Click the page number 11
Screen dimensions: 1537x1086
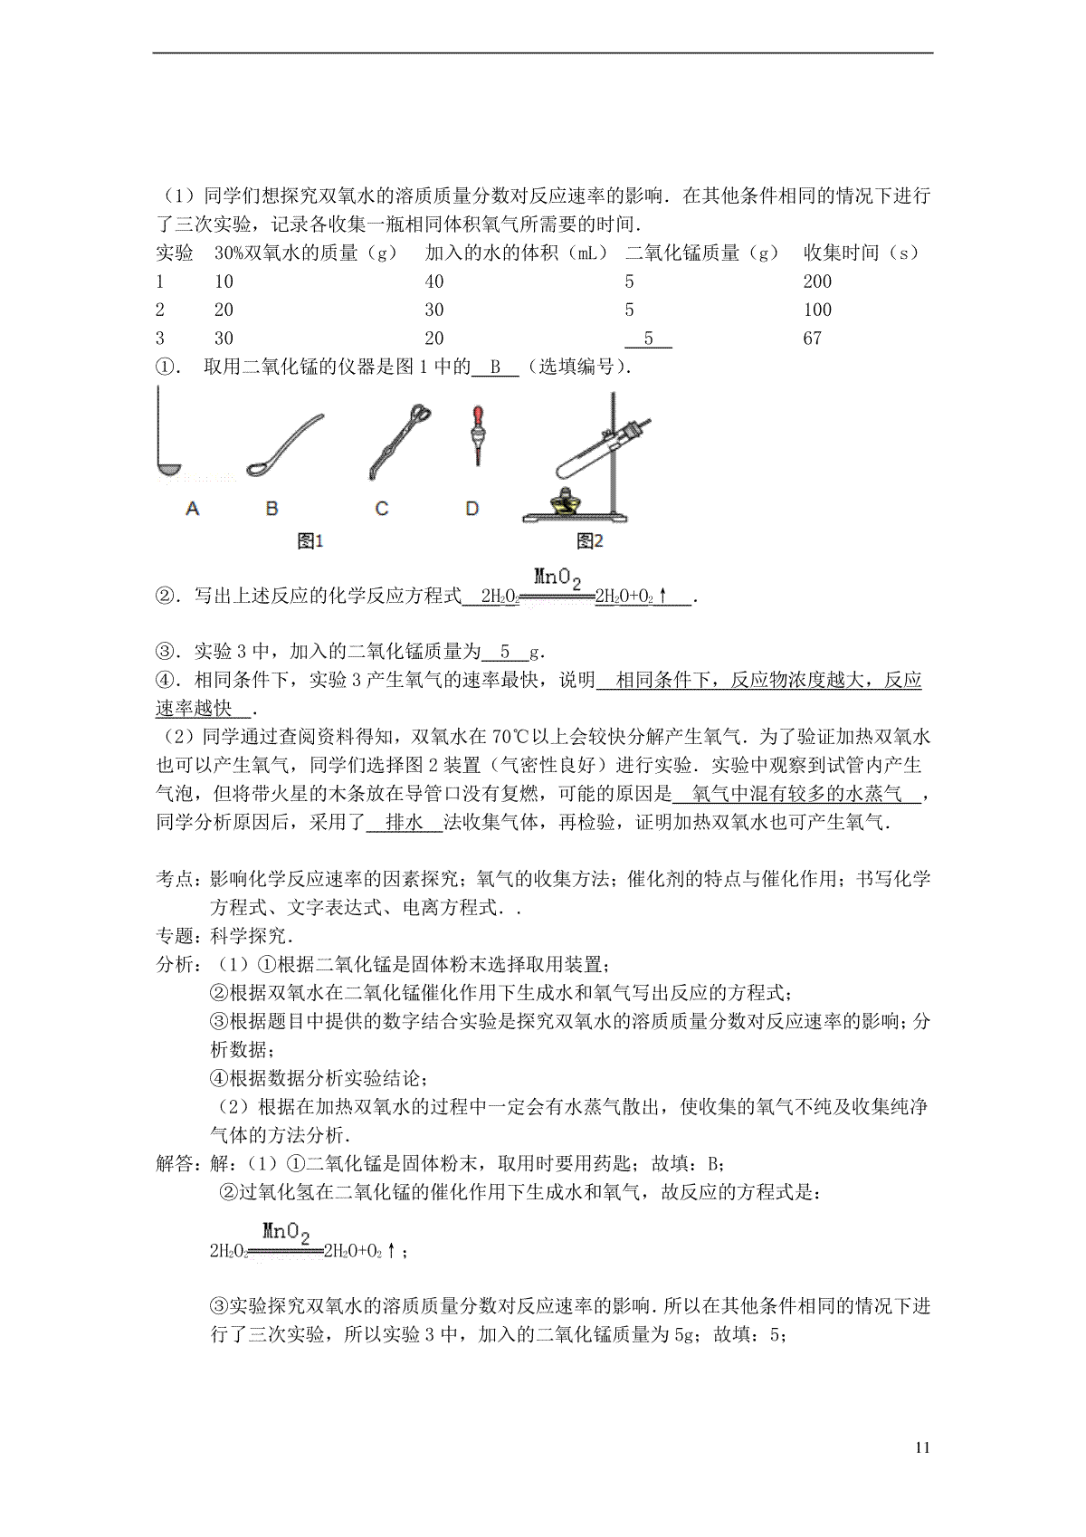point(922,1447)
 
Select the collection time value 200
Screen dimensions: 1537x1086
point(817,282)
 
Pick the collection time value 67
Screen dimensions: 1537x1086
point(812,339)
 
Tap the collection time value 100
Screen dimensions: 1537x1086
point(817,310)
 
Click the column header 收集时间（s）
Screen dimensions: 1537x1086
point(861,253)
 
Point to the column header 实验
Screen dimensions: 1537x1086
point(175,253)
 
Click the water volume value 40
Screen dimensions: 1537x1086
point(434,282)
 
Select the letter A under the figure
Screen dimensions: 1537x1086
point(192,510)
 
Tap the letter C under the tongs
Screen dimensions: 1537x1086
point(381,510)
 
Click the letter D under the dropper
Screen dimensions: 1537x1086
point(472,510)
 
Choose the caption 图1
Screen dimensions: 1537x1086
point(310,541)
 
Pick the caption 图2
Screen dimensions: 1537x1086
point(589,541)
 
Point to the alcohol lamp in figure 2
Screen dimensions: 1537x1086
point(564,502)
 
